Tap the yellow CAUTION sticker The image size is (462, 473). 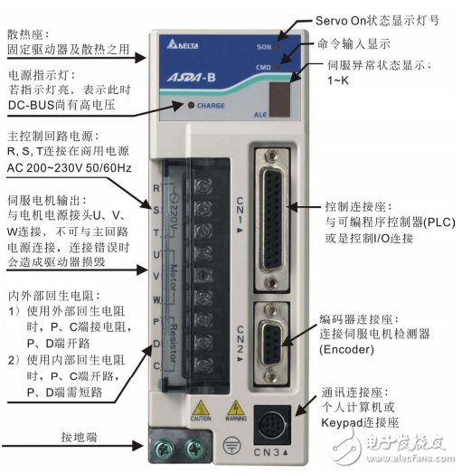coord(200,411)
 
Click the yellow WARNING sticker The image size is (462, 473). coord(236,411)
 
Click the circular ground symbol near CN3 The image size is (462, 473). coord(231,444)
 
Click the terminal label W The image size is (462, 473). coord(156,298)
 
